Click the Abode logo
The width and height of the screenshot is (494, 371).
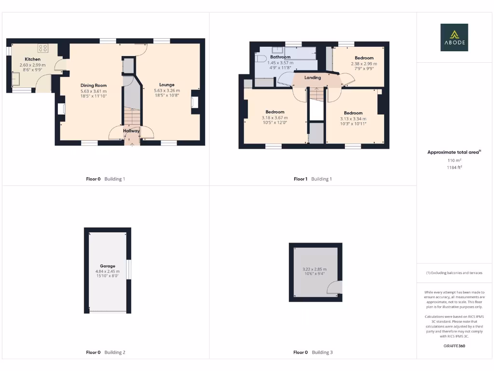tap(453, 37)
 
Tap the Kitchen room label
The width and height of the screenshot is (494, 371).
tap(32, 59)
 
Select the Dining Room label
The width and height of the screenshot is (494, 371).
tap(93, 86)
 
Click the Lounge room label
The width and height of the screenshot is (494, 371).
tap(167, 85)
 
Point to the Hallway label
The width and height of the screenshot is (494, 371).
tap(131, 130)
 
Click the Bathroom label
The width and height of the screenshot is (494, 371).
tap(280, 57)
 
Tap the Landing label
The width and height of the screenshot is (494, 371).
tap(313, 77)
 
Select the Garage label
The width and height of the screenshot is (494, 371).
tap(108, 266)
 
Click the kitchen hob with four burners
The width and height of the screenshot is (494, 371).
tap(43, 48)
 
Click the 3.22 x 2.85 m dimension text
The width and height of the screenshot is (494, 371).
tap(314, 269)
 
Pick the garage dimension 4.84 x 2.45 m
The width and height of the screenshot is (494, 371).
tap(108, 271)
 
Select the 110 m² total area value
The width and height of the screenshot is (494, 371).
tap(454, 160)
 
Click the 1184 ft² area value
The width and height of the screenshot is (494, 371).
tap(454, 167)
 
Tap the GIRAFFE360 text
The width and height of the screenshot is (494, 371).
tap(454, 346)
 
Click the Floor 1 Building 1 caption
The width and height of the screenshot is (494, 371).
tap(313, 179)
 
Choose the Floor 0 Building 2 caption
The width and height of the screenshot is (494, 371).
tap(105, 352)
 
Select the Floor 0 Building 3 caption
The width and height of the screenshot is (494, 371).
tap(313, 352)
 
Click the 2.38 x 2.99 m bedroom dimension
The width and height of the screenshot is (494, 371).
tap(364, 63)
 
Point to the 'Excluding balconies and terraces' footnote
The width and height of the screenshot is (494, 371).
tap(454, 273)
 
